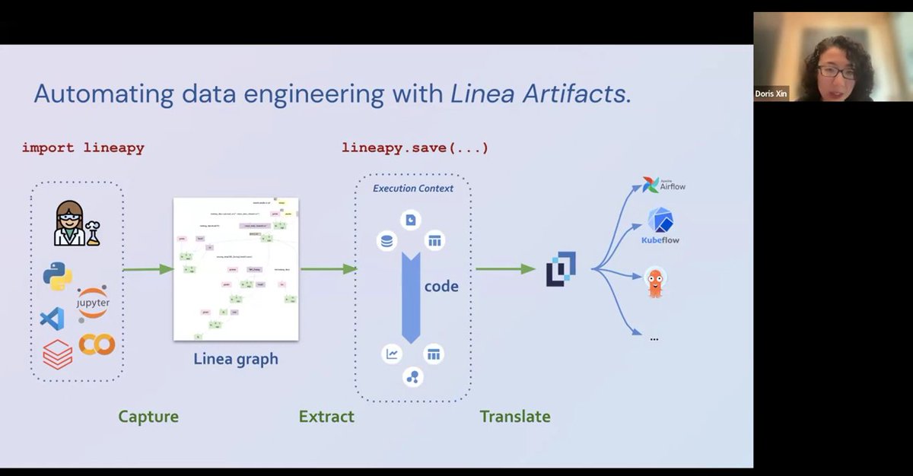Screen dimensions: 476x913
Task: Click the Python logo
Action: pos(57,276)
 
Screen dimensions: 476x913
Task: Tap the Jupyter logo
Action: pos(93,303)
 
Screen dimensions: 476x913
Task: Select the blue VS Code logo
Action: pos(52,319)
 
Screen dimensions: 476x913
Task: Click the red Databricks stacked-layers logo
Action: pos(57,354)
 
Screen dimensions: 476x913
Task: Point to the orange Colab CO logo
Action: pos(97,344)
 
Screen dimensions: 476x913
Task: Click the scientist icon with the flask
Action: pos(75,224)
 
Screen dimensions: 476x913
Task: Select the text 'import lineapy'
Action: pos(83,148)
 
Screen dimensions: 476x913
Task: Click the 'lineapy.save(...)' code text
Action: pos(415,148)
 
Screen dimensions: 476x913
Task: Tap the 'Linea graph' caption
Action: pos(236,359)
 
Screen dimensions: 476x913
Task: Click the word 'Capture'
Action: pos(148,417)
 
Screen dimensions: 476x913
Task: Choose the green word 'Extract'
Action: pos(326,417)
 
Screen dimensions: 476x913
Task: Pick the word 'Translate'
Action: pos(514,417)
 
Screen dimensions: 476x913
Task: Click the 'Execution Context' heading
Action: pos(412,189)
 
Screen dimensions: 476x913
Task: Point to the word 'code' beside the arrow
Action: pos(441,287)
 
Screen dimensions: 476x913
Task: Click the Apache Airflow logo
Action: pos(663,185)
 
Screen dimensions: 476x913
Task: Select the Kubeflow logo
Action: pos(660,225)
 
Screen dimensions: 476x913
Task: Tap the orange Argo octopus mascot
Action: pos(654,282)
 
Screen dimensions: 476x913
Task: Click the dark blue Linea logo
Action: pos(561,269)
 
